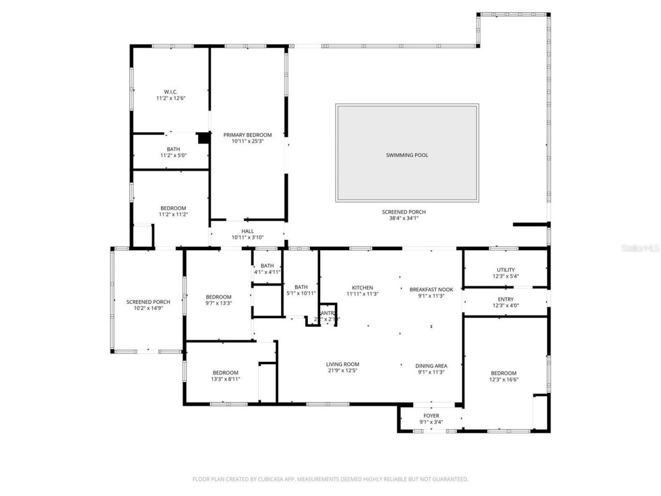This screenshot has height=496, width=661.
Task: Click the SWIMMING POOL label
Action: click(x=407, y=155)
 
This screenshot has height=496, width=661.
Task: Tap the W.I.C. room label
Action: click(x=170, y=91)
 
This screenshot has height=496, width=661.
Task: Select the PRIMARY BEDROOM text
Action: click(x=247, y=135)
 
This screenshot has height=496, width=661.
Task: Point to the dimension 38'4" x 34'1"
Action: click(x=404, y=218)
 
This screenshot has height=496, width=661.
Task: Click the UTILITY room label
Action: click(x=506, y=270)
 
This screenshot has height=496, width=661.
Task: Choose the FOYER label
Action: click(x=431, y=415)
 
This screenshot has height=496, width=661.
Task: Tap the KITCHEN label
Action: click(x=363, y=288)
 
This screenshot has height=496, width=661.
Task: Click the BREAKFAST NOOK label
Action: click(x=431, y=289)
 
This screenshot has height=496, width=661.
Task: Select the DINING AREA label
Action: click(x=431, y=366)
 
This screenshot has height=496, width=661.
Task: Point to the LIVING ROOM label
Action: click(x=342, y=364)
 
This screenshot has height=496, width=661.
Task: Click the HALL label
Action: click(x=247, y=231)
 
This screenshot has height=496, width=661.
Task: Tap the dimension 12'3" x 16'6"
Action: click(x=503, y=379)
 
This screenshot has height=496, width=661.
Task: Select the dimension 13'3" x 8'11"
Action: click(x=226, y=379)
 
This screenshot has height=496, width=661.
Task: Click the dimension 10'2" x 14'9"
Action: click(x=148, y=308)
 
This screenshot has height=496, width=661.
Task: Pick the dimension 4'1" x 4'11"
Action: click(x=267, y=272)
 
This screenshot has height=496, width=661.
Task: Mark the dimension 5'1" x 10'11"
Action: click(x=301, y=293)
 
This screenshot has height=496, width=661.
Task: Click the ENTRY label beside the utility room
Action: click(x=506, y=299)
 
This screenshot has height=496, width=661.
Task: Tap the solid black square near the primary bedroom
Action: click(x=203, y=138)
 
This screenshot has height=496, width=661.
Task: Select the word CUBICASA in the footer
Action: click(x=272, y=479)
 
